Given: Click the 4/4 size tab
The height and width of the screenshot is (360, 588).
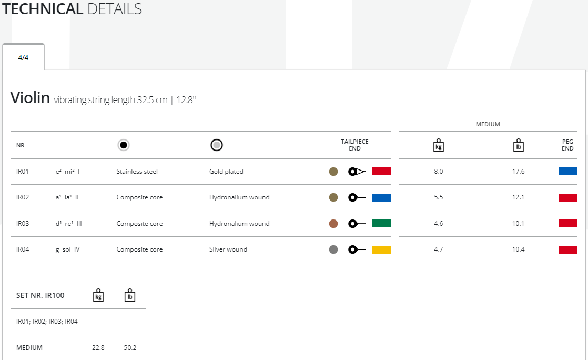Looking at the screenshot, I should click(23, 58).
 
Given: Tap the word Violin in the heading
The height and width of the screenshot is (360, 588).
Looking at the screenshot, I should click(30, 98).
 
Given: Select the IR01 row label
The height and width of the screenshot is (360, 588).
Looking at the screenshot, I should click(23, 172).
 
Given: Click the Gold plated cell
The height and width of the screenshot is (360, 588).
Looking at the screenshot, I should click(226, 172).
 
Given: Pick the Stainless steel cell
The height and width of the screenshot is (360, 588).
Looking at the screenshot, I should click(137, 172).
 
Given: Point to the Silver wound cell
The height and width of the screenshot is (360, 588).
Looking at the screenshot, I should click(228, 249).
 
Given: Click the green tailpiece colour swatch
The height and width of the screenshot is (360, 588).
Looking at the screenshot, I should click(381, 224).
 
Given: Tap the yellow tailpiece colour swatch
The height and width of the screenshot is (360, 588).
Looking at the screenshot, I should click(381, 249).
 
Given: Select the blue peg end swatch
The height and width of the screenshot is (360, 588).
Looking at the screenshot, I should click(567, 172).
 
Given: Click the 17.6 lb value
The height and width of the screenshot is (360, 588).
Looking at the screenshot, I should click(519, 172).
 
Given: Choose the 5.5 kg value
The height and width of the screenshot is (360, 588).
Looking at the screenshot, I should click(438, 197).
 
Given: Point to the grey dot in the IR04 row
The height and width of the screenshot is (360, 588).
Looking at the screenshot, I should click(333, 249).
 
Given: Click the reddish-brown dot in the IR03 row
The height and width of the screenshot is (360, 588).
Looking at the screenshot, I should click(333, 224).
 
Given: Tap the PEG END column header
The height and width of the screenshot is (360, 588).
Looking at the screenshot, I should click(567, 145).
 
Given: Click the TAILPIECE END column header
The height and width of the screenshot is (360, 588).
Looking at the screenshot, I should click(354, 145).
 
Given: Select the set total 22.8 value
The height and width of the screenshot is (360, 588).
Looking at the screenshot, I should click(98, 348).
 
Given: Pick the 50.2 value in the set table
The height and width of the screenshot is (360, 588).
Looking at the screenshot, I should click(130, 348).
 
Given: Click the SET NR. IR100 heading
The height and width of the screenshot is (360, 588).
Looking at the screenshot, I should click(40, 295).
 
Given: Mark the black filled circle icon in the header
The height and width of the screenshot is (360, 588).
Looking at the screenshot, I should click(123, 145).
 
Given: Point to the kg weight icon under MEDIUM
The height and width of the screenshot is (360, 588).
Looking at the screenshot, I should click(439, 145).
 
